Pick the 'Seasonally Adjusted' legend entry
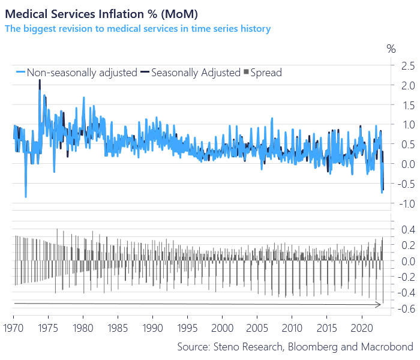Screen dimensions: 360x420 pyautogui.click(x=187, y=73)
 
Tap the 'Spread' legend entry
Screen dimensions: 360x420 pyautogui.click(x=262, y=73)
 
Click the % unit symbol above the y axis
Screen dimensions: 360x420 pyautogui.click(x=391, y=49)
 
